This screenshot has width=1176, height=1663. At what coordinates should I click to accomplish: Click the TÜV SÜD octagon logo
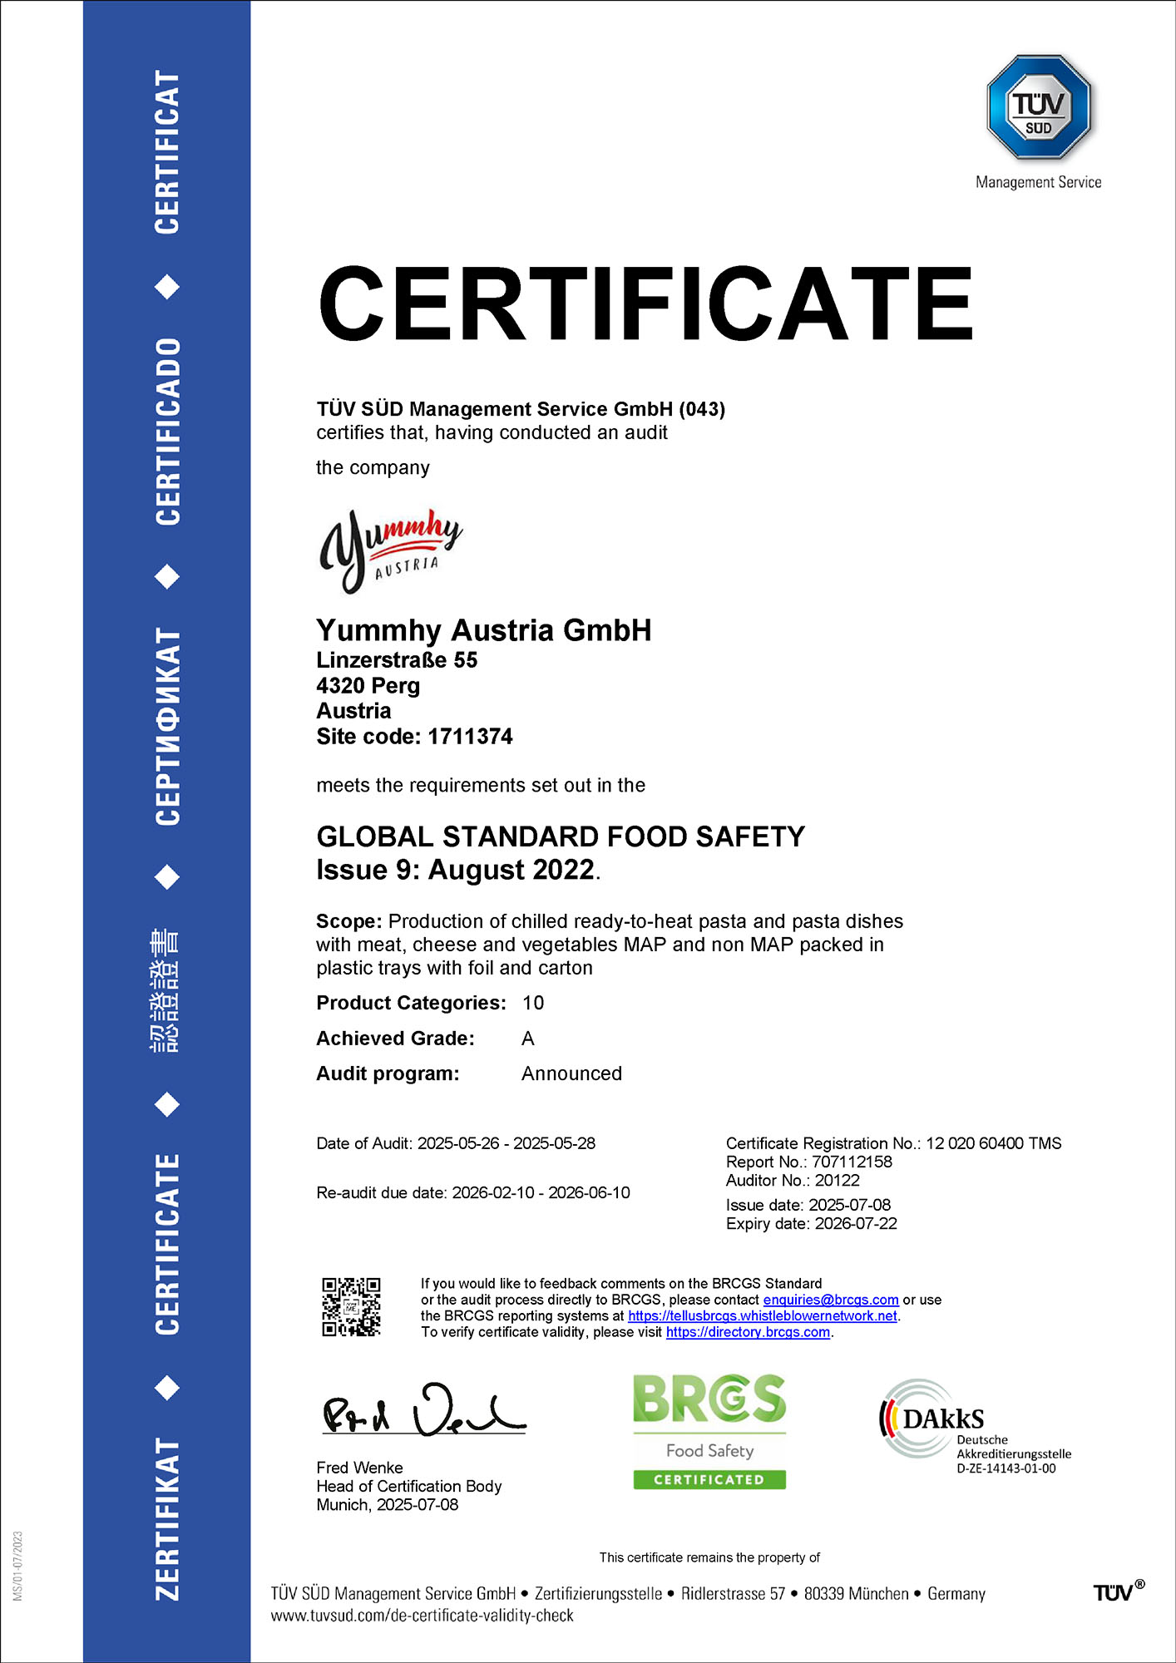(1038, 107)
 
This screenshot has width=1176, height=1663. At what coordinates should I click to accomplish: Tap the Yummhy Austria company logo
(390, 550)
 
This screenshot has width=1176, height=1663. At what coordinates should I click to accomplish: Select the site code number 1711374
(470, 737)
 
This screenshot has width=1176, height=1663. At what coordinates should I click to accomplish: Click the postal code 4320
(340, 686)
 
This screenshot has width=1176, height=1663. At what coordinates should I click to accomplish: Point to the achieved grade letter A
(527, 1039)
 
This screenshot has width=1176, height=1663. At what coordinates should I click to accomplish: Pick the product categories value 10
(532, 1003)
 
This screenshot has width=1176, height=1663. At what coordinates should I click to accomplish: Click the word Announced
(571, 1073)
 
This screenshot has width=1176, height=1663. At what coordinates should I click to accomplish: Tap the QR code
(351, 1307)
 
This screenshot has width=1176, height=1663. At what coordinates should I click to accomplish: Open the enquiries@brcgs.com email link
(830, 1300)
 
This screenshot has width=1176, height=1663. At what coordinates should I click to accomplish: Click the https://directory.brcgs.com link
(748, 1332)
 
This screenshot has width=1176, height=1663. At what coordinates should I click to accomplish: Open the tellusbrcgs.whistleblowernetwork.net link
(762, 1316)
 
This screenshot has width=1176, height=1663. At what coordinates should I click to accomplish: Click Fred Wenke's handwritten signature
(423, 1412)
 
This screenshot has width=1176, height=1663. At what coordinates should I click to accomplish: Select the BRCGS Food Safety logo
(709, 1431)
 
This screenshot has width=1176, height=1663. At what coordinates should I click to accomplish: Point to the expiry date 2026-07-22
(856, 1224)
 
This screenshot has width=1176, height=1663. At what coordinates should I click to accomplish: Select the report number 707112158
(852, 1162)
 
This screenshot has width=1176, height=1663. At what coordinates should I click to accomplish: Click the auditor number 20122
(837, 1181)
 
